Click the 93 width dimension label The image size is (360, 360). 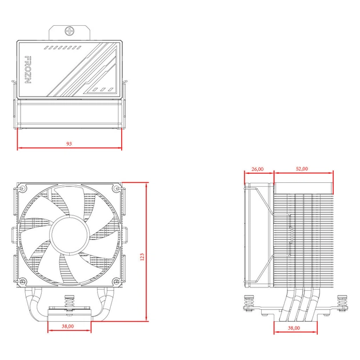(69, 143)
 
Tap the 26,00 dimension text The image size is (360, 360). (257, 169)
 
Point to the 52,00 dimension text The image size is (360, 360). (302, 169)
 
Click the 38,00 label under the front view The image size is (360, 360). (69, 326)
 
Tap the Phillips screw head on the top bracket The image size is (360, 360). (70, 31)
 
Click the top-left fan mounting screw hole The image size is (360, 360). (22, 189)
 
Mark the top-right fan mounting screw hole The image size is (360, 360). (117, 189)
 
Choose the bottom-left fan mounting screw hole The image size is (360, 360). (22, 281)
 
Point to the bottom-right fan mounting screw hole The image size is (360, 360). (117, 281)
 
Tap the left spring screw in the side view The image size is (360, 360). (250, 303)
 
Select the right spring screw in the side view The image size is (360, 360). (342, 303)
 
